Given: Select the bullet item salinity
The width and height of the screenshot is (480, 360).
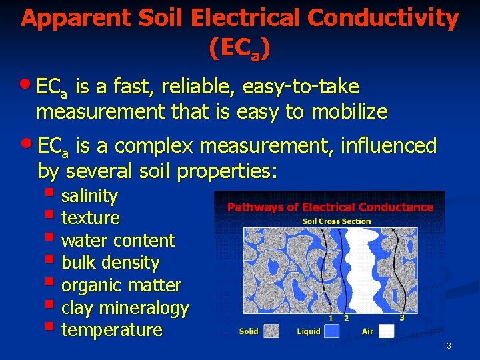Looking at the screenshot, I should coord(89,196).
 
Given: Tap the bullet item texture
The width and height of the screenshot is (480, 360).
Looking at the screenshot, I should coord(91,218).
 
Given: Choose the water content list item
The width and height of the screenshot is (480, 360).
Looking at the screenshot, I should coord(117,241).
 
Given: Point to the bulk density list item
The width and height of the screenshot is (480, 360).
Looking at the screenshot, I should coord(110,263).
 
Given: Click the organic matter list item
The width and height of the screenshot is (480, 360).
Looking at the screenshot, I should coord(121,285).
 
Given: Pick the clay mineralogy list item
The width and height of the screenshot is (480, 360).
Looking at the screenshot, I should coord(125,308).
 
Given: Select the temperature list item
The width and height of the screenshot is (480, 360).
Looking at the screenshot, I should coord(111,330).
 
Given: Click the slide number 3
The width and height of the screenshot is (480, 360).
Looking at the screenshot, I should coord(449,345).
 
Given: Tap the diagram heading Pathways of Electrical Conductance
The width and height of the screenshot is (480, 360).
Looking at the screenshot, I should coord(330,207).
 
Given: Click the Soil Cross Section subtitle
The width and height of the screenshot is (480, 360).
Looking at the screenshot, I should coord(337,221).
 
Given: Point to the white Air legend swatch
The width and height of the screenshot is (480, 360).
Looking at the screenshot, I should coord(387,331).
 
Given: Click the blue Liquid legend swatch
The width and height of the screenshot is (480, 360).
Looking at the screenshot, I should coord(331,331).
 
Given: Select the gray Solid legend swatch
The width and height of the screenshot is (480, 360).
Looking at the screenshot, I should coord(271,331).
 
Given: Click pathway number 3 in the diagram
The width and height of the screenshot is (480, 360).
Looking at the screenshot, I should coord(402,317).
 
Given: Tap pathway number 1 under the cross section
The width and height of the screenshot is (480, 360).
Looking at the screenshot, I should coord(331,318).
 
